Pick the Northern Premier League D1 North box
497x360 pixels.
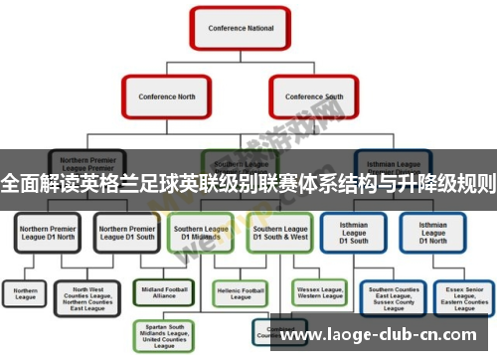(48, 233)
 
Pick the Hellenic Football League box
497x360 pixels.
(240, 292)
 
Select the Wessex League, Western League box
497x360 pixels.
(319, 292)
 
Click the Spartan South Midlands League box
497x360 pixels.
(165, 336)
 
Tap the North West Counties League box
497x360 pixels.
(87, 297)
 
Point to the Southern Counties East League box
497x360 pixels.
(392, 297)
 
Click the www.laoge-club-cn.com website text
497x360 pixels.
(386, 335)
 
